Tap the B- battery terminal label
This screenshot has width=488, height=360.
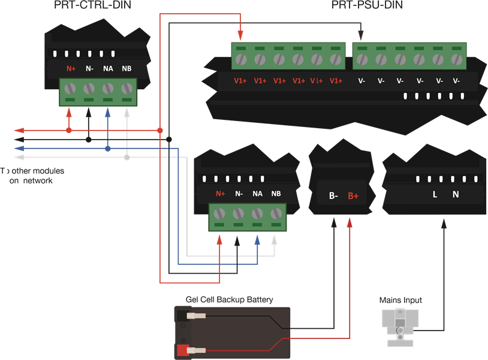[x=333, y=195]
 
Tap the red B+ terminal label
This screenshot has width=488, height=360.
[x=353, y=195]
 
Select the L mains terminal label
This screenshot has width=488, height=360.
[x=435, y=194]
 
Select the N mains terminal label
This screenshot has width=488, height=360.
[x=455, y=194]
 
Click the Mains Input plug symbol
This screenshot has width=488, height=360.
[x=400, y=326]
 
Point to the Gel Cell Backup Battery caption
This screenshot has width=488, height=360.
[x=230, y=300]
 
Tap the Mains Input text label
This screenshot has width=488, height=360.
[x=400, y=300]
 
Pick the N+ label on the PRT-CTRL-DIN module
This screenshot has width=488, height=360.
[x=71, y=68]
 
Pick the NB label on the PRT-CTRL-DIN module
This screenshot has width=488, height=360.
[x=126, y=68]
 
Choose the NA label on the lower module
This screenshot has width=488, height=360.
[x=257, y=193]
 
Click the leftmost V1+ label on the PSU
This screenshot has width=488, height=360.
[x=241, y=81]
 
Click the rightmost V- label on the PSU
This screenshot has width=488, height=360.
[x=456, y=81]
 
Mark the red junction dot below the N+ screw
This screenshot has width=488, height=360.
[x=69, y=130]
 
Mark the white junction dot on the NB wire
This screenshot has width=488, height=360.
[x=126, y=158]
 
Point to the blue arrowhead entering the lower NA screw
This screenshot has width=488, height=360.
[x=257, y=239]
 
